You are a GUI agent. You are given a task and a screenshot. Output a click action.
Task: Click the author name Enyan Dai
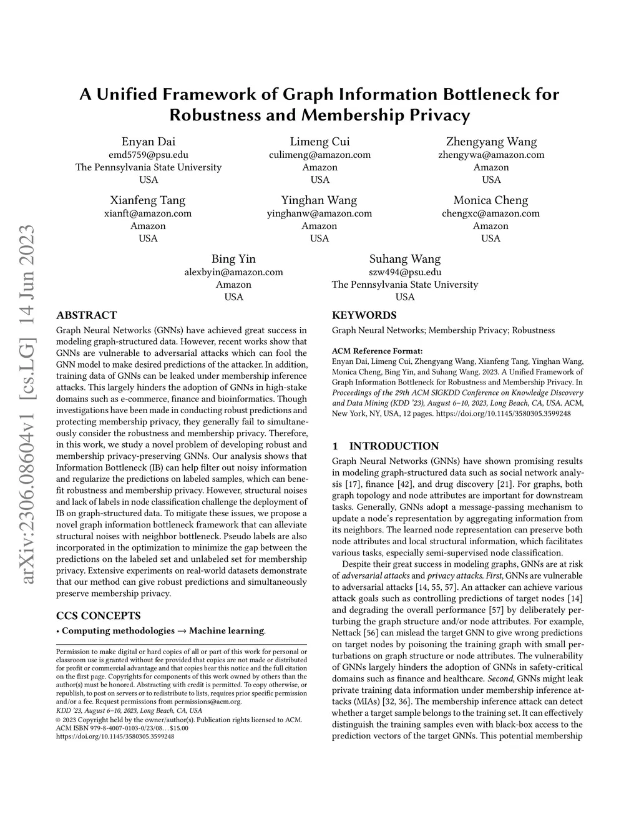pyautogui.click(x=148, y=142)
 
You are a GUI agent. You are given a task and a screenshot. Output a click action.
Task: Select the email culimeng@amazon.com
pyautogui.click(x=319, y=155)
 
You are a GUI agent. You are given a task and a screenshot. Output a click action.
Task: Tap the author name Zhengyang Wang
pyautogui.click(x=491, y=142)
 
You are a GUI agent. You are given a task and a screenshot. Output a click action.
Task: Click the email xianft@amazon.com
pyautogui.click(x=148, y=213)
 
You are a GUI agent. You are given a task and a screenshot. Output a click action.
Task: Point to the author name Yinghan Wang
pyautogui.click(x=319, y=200)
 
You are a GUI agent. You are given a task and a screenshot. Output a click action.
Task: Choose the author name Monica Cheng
pyautogui.click(x=490, y=200)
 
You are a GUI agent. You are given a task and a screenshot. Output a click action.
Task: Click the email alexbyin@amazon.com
pyautogui.click(x=233, y=272)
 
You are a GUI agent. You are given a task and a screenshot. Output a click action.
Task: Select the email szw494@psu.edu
pyautogui.click(x=405, y=272)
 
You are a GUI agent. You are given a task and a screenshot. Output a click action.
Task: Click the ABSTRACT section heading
pyautogui.click(x=86, y=315)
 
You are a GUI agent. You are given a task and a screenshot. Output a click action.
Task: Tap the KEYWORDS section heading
pyautogui.click(x=364, y=315)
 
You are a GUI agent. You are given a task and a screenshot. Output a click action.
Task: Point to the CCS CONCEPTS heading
pyautogui.click(x=98, y=615)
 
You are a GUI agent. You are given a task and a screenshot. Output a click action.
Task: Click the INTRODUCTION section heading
pyautogui.click(x=393, y=446)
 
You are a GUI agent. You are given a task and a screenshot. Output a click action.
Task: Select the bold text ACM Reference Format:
pyautogui.click(x=377, y=351)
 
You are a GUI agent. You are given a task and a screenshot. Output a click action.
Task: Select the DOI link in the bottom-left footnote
pyautogui.click(x=115, y=736)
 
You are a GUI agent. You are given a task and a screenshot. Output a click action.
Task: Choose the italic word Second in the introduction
pyautogui.click(x=501, y=678)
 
